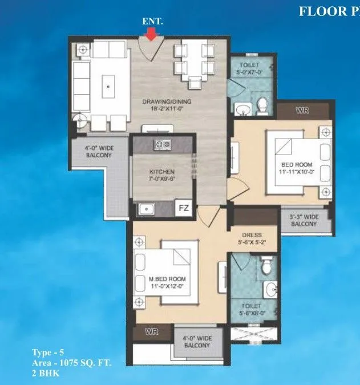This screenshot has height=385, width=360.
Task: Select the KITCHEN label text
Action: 163,175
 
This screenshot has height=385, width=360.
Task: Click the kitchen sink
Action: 145,209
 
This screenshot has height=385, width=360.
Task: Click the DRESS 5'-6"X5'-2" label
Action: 252,238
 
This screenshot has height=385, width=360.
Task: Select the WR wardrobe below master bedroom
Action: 151,331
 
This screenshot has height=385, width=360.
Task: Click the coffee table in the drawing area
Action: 108,87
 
